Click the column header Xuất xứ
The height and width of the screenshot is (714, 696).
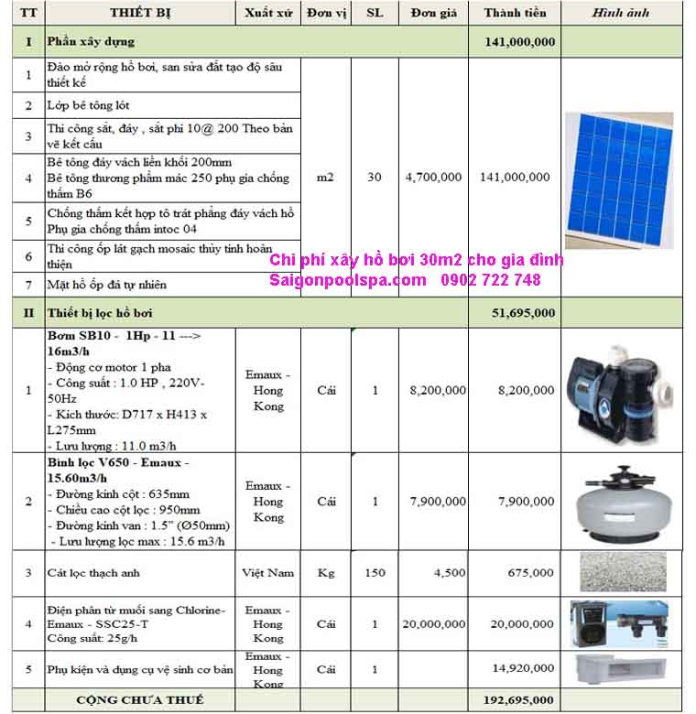pyautogui.click(x=268, y=14)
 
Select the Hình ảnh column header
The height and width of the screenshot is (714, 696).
pyautogui.click(x=620, y=14)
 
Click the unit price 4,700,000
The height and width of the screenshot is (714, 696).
pyautogui.click(x=433, y=178)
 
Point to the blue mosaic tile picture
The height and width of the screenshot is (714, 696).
pyautogui.click(x=618, y=179)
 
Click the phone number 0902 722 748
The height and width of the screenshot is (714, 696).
pyautogui.click(x=491, y=280)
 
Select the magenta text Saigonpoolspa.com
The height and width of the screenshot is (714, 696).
pyautogui.click(x=348, y=280)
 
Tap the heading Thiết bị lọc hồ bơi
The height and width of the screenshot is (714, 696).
pyautogui.click(x=100, y=313)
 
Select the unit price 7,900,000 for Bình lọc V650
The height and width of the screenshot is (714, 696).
pyautogui.click(x=433, y=502)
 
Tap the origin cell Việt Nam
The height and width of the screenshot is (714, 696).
pyautogui.click(x=268, y=573)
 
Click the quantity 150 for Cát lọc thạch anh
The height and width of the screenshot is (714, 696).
pyautogui.click(x=374, y=573)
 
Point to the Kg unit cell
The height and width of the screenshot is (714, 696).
pyautogui.click(x=326, y=573)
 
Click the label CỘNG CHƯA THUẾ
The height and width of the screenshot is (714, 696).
pyautogui.click(x=139, y=700)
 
